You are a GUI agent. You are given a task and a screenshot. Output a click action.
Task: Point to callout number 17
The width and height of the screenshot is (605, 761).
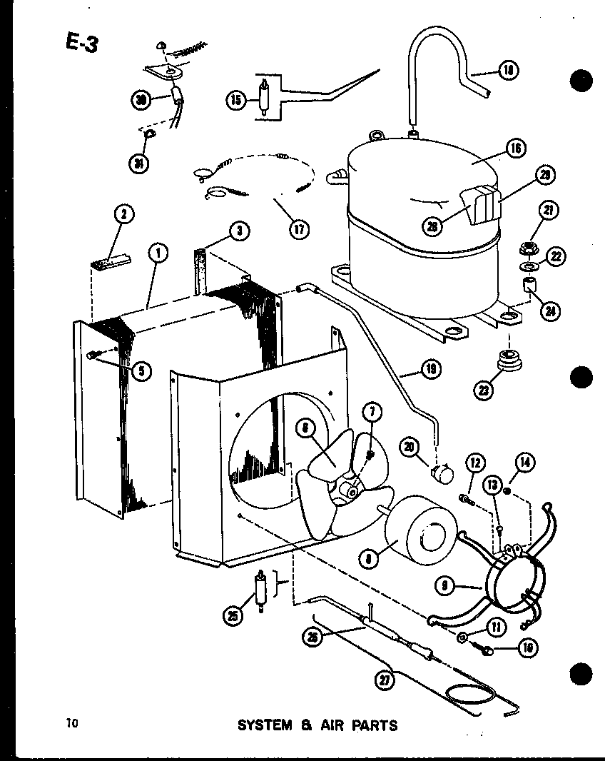click(x=298, y=230)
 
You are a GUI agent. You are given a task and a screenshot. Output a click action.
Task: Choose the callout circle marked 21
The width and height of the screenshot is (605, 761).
click(x=549, y=210)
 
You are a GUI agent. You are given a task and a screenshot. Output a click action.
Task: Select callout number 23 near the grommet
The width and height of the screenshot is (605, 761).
click(x=487, y=389)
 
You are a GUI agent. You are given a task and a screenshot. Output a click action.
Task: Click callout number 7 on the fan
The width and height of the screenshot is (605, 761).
click(x=372, y=412)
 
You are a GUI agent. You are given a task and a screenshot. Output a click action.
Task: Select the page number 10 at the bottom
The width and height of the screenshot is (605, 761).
click(x=72, y=722)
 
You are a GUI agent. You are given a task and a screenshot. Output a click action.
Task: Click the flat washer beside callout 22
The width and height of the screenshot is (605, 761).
click(x=529, y=268)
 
